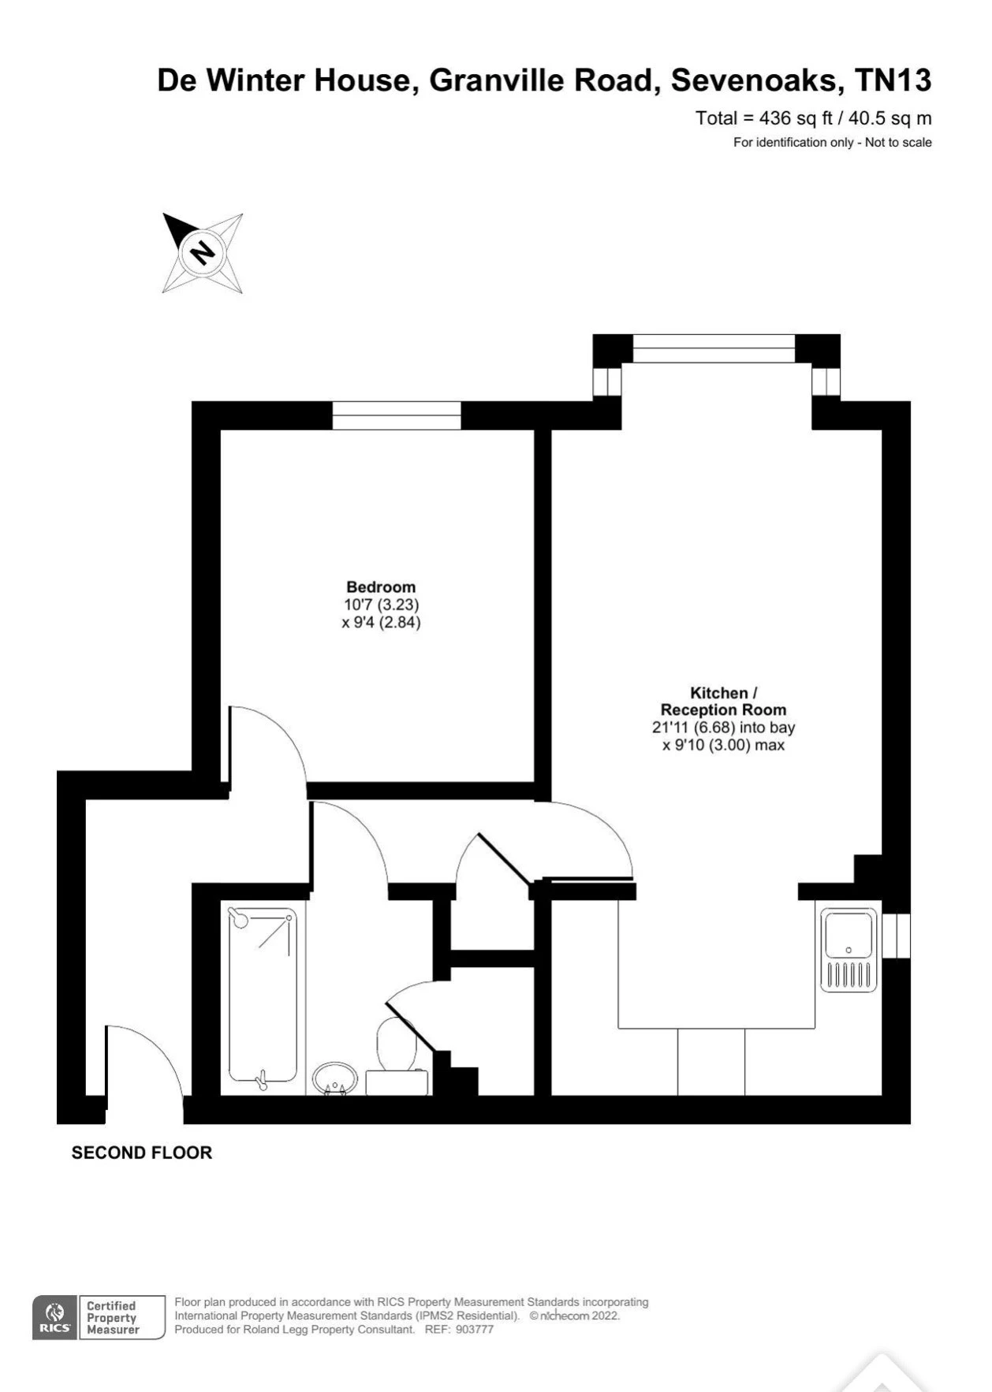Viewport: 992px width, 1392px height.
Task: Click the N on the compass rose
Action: (x=203, y=253)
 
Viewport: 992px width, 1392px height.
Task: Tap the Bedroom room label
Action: (x=381, y=587)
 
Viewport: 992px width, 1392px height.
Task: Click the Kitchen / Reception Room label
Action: (x=724, y=702)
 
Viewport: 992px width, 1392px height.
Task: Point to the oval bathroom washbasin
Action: (x=335, y=1078)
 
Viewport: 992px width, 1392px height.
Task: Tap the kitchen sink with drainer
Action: (x=849, y=950)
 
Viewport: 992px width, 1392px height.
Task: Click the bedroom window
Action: (x=396, y=416)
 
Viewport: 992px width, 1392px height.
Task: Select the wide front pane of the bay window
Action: (x=714, y=348)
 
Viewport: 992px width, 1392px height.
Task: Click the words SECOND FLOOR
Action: (x=142, y=1153)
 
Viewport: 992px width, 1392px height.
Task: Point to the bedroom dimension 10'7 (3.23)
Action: (x=382, y=605)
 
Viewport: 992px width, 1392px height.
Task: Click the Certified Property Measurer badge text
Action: (x=113, y=1318)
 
